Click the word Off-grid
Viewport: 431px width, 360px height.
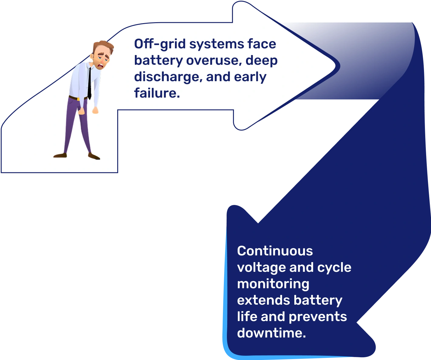(160, 44)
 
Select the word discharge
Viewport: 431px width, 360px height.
(168, 77)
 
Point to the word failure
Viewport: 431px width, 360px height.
(157, 93)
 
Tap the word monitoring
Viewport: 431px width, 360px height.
(273, 284)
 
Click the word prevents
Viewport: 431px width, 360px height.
(318, 317)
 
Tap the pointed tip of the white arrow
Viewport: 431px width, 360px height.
(336, 66)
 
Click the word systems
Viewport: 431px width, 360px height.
(217, 44)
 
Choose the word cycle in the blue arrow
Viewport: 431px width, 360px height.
(334, 268)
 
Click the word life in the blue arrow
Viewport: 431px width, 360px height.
(247, 317)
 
